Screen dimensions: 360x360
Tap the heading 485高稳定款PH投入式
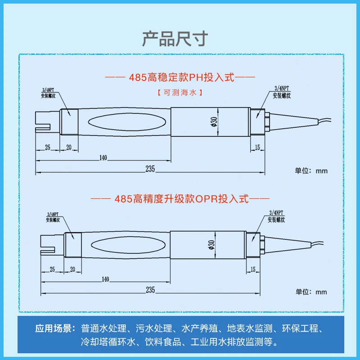(x=180, y=77)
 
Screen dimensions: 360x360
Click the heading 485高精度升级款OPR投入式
(x=180, y=198)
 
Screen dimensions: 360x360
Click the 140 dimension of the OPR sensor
(x=105, y=279)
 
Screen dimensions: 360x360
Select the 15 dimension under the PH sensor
(x=257, y=147)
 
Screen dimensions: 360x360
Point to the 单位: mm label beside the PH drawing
(x=311, y=171)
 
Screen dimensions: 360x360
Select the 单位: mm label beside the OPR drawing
(x=311, y=292)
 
